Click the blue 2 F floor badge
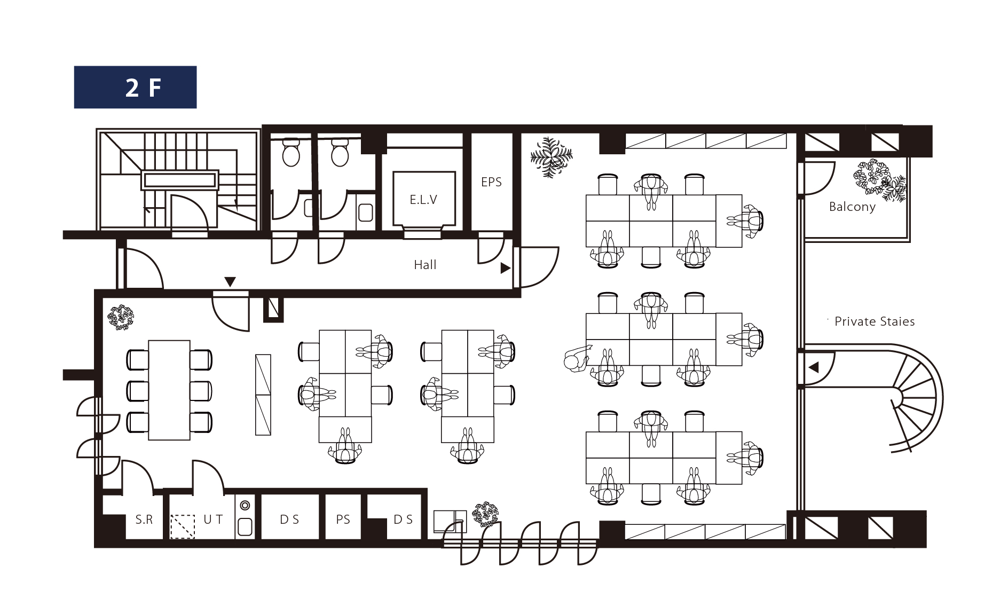coord(135,87)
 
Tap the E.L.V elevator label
coord(423,200)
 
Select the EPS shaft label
coord(491,182)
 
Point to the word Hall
coord(425,265)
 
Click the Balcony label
coord(852,207)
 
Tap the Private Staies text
coord(875,321)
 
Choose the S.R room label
coord(144,519)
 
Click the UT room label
coord(213,519)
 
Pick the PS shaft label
coord(343,519)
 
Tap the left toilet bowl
coord(291,153)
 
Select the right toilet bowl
coord(340,153)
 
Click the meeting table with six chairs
coord(169,390)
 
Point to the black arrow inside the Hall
coord(505,268)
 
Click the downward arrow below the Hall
coord(230,282)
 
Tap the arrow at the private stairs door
coord(814,367)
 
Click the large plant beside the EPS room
coord(551,157)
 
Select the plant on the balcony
coord(879,180)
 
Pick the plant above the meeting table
coord(121,318)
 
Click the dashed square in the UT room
coord(183,526)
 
